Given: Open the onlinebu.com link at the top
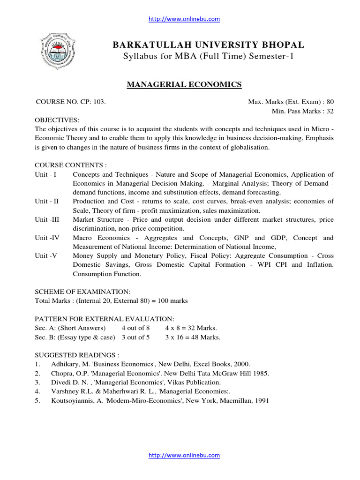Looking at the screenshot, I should (x=184, y=19).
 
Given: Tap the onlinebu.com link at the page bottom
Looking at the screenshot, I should (x=184, y=455).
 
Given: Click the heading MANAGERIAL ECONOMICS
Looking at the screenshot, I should (x=185, y=84).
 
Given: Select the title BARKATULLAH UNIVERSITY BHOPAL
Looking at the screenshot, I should (x=209, y=45).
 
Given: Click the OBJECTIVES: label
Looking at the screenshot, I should (x=57, y=120).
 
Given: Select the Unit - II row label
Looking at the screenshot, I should (x=47, y=201).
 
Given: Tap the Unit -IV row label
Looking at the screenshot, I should (x=47, y=238).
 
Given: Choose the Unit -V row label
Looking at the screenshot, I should (x=46, y=256).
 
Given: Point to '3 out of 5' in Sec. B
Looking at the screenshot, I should (x=135, y=337).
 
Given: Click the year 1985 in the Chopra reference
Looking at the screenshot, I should (x=261, y=373).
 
